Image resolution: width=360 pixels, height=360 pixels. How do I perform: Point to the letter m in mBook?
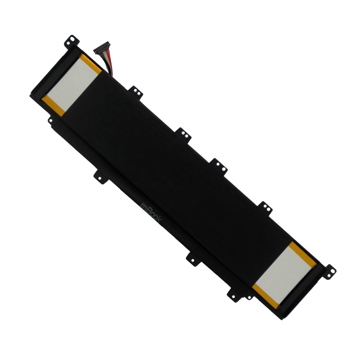point(143,205)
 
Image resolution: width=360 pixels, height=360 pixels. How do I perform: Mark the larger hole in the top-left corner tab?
point(72,39)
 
